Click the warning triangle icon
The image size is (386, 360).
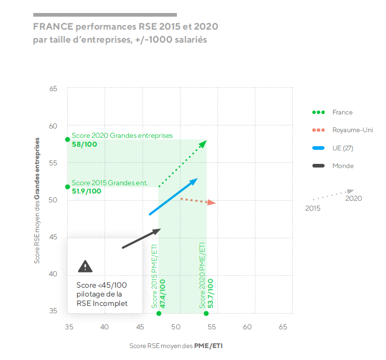[x=85, y=266]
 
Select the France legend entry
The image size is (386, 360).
[x=342, y=112]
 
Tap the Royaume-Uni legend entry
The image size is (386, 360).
[x=352, y=130]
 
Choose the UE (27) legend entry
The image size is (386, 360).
[x=343, y=148]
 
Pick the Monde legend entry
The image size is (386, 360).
[x=343, y=166]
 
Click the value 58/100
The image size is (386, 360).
[x=84, y=144]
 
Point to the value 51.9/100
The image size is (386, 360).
[x=86, y=191]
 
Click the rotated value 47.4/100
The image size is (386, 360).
[x=163, y=294]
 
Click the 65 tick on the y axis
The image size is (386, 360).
[x=53, y=89]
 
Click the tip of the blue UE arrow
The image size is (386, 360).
[x=197, y=179]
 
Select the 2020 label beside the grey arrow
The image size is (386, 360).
[x=353, y=198]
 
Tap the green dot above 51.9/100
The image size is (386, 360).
[x=68, y=187]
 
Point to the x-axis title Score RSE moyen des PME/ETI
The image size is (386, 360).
[x=179, y=345]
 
